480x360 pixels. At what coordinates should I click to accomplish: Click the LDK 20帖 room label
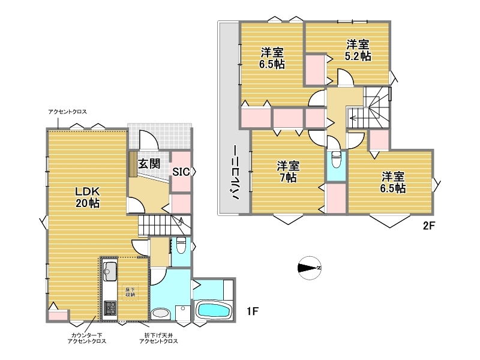point(88,197)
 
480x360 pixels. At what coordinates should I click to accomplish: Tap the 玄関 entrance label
point(149,164)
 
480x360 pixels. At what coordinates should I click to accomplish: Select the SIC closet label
point(181,172)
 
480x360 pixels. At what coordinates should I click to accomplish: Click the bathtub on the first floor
point(214,310)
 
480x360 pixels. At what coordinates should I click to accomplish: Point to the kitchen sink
point(110,271)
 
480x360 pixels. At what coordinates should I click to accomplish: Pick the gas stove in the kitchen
point(110,308)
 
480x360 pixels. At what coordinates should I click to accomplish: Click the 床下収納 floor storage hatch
point(130,292)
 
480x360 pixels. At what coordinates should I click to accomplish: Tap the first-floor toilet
point(181,245)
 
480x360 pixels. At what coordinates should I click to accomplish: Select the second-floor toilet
point(336,159)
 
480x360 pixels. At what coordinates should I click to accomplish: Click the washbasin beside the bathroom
point(160,313)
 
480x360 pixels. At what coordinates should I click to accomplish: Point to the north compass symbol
point(310,268)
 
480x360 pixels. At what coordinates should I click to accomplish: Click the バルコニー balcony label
point(235,172)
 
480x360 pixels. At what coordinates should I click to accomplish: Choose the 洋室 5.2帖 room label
point(358,50)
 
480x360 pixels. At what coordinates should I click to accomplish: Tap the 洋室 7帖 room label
point(288,172)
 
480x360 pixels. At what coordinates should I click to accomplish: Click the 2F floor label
point(429,226)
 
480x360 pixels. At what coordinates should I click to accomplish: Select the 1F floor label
point(253,311)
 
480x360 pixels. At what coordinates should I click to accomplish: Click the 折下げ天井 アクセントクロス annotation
point(158,338)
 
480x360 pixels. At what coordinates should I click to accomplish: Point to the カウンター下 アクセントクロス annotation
point(87,338)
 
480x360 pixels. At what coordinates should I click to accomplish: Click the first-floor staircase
point(164,226)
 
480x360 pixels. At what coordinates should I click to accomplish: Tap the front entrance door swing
point(149,140)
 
